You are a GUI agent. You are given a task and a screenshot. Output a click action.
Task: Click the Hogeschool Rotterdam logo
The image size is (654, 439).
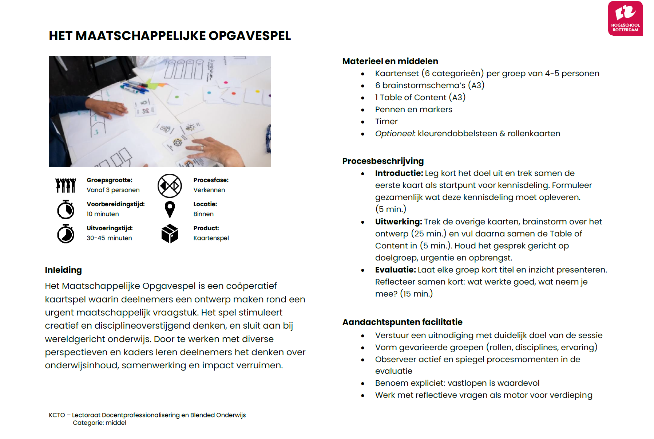(x=625, y=18)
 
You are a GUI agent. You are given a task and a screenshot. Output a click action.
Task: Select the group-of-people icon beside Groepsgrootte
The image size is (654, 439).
(x=66, y=185)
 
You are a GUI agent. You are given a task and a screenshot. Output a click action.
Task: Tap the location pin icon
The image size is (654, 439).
(x=170, y=209)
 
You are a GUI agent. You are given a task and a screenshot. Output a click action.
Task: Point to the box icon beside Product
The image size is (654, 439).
(x=170, y=234)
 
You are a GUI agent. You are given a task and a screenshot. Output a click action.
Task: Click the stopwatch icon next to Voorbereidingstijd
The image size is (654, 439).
(x=66, y=209)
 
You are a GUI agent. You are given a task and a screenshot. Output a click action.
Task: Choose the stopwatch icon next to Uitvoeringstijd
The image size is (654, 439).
(x=66, y=234)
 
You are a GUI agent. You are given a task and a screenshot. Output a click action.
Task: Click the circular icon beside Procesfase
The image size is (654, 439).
(x=170, y=186)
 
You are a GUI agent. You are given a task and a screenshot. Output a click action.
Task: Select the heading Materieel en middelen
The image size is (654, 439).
(x=390, y=61)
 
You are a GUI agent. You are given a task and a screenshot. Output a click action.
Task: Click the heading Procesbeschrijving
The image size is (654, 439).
(x=383, y=161)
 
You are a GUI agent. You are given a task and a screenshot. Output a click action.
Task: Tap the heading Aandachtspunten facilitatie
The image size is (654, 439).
(x=402, y=322)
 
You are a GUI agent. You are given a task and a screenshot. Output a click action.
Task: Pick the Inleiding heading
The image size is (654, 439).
(x=63, y=270)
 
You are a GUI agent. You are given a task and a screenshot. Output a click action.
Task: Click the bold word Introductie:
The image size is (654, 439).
(x=399, y=173)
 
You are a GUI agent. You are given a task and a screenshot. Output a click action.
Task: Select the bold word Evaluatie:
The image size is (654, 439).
(x=395, y=270)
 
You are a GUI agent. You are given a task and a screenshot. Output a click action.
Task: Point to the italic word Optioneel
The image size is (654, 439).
(x=395, y=134)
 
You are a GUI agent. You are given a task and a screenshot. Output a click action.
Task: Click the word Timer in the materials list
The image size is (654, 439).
(x=386, y=122)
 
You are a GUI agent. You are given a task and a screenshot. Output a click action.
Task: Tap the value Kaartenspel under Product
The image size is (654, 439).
(x=211, y=238)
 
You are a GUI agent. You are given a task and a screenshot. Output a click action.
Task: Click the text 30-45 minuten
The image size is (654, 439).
(x=109, y=238)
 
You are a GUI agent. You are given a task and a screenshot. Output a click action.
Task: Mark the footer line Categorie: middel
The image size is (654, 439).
(x=99, y=423)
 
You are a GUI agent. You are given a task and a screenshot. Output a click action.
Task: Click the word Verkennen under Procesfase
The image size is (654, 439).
(x=209, y=190)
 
